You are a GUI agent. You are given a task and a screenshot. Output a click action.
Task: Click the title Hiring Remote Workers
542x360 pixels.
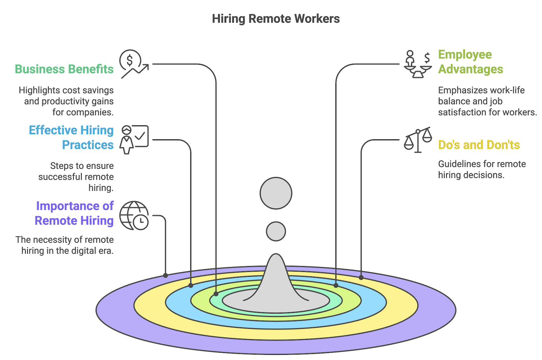(x=275, y=19)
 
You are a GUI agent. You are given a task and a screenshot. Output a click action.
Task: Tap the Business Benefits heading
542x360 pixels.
(x=64, y=69)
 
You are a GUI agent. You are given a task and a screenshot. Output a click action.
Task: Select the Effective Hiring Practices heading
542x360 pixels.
(x=71, y=137)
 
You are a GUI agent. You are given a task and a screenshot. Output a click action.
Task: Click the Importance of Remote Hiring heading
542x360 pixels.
(x=74, y=213)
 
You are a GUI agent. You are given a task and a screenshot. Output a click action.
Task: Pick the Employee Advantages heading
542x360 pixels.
(x=470, y=62)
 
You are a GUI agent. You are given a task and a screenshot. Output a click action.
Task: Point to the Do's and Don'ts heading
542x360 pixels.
(x=479, y=145)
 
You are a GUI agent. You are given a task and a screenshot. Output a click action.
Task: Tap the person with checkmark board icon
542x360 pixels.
(x=134, y=140)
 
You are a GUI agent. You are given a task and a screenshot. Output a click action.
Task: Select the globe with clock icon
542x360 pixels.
(x=134, y=216)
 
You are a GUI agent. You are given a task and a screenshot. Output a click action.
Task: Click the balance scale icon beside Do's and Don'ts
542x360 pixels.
(x=418, y=140)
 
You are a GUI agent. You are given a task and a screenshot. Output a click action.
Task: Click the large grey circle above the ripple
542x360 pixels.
(x=276, y=193)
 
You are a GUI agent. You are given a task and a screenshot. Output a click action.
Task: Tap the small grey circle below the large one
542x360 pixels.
(x=276, y=231)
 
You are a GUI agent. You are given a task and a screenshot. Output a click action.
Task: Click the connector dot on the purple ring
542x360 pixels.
(x=166, y=275)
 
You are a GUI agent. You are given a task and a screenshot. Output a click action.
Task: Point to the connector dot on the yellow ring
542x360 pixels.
(x=361, y=277)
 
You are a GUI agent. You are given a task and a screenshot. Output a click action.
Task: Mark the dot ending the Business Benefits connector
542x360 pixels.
(x=216, y=294)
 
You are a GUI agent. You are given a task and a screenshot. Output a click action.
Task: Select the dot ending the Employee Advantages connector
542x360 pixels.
(x=336, y=285)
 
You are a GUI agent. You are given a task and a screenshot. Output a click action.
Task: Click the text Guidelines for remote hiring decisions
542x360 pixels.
(x=481, y=169)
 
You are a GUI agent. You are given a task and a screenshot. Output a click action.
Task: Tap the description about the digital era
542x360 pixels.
(x=65, y=245)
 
